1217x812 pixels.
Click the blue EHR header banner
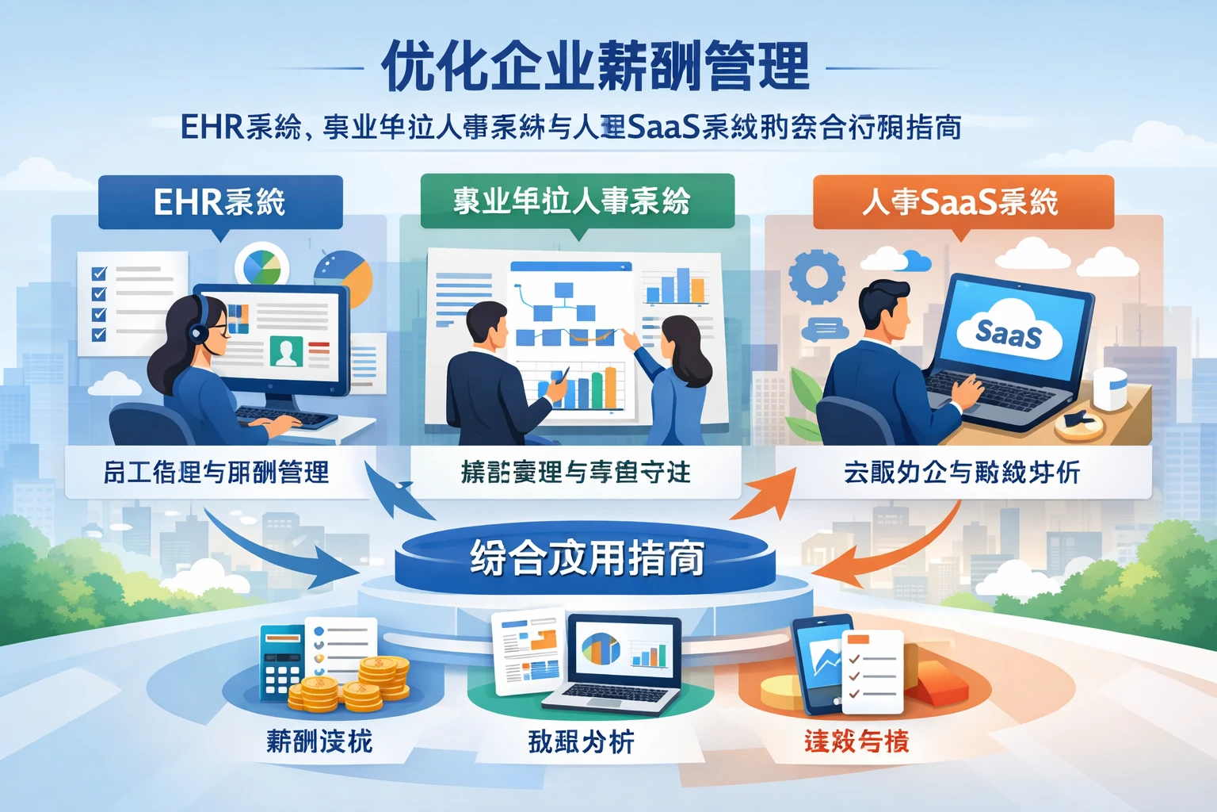pyautogui.click(x=220, y=201)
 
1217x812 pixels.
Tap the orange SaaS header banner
pyautogui.click(x=963, y=201)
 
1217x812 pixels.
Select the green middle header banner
pyautogui.click(x=577, y=200)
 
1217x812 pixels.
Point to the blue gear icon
pyautogui.click(x=817, y=277)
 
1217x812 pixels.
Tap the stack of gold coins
pyautogui.click(x=353, y=685)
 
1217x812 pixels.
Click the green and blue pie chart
pyautogui.click(x=262, y=266)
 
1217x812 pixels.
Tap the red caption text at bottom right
pyautogui.click(x=856, y=741)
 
